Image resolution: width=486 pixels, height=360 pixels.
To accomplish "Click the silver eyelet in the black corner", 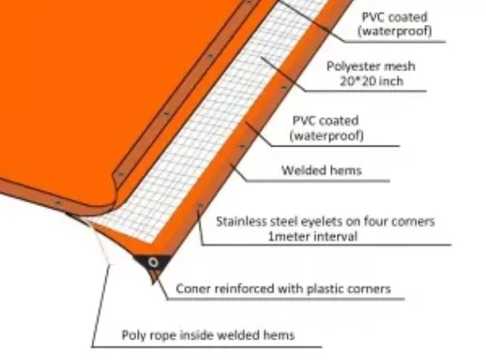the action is tap(153, 262).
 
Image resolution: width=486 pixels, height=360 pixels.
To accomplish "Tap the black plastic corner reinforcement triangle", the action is tap(152, 264).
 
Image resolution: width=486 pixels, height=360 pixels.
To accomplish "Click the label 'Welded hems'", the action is tap(321, 171).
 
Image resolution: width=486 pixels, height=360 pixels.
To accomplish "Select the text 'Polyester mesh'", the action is tap(371, 66).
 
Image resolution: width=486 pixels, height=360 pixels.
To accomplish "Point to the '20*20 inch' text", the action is tap(372, 81).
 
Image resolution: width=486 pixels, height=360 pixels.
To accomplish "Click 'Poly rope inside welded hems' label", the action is tap(208, 335).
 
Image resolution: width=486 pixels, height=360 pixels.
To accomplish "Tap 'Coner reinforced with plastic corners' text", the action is tap(284, 289).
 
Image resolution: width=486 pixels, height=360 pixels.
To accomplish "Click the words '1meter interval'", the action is tap(313, 237).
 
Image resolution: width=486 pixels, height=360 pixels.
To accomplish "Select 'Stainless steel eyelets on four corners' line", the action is tap(326, 222).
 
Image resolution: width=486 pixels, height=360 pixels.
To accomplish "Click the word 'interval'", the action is tap(335, 237).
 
